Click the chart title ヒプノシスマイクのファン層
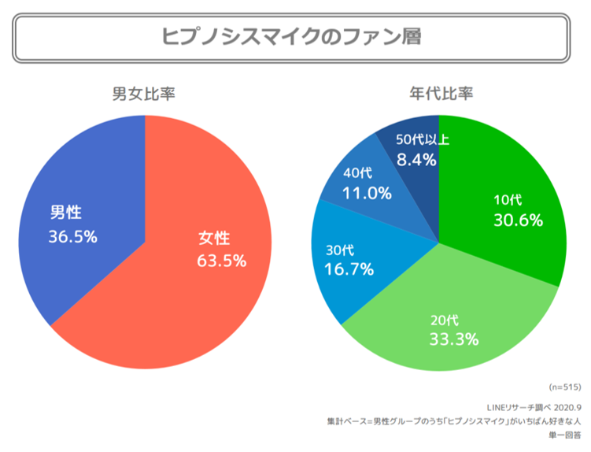click(x=291, y=36)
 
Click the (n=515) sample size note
click(x=564, y=387)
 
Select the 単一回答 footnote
click(x=565, y=435)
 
